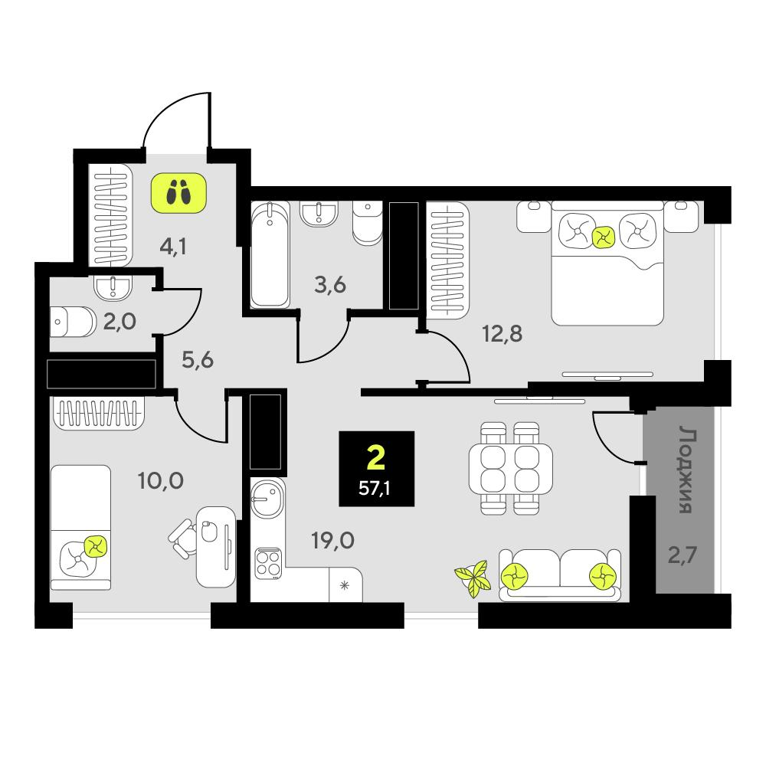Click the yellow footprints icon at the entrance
(178, 192)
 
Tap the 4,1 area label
(173, 247)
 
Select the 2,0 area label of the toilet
(119, 322)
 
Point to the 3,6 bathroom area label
(330, 284)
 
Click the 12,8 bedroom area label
(502, 334)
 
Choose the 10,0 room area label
(161, 481)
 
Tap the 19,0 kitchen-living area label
(332, 540)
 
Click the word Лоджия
(686, 470)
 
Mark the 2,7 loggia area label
(682, 555)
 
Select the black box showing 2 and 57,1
(377, 469)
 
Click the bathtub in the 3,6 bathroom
(270, 255)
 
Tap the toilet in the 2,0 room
(74, 322)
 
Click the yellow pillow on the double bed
(604, 237)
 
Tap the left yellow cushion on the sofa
(514, 577)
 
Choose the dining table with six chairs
(510, 468)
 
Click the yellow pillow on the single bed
(95, 546)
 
